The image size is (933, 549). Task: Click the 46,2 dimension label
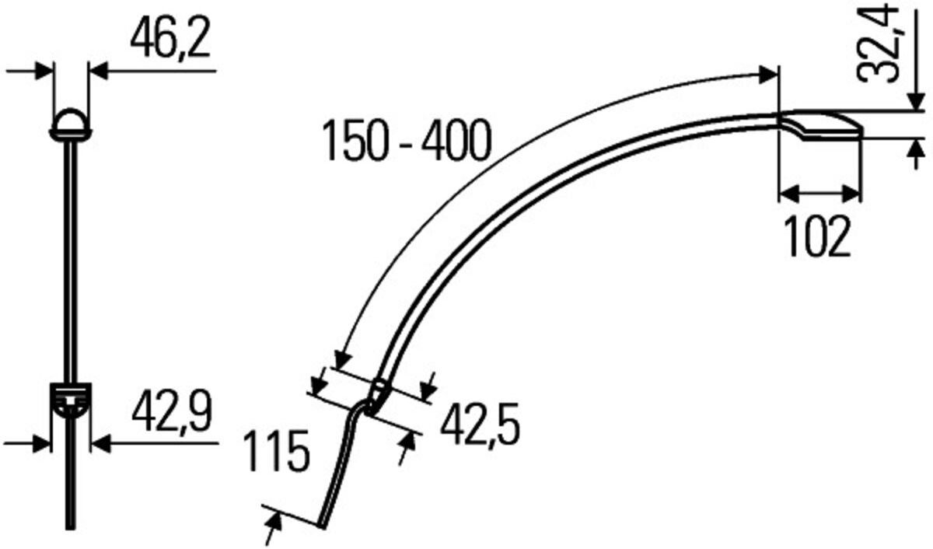coord(170,38)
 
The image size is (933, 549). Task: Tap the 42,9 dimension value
coord(172,412)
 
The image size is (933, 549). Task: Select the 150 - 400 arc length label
coord(407,140)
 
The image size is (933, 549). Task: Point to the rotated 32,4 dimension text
coord(877,46)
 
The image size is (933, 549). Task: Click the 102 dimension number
coord(817,236)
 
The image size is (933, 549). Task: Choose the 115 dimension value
coord(277,451)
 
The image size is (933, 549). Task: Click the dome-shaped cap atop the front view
coord(71,124)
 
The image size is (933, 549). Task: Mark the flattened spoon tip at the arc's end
coord(819,125)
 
